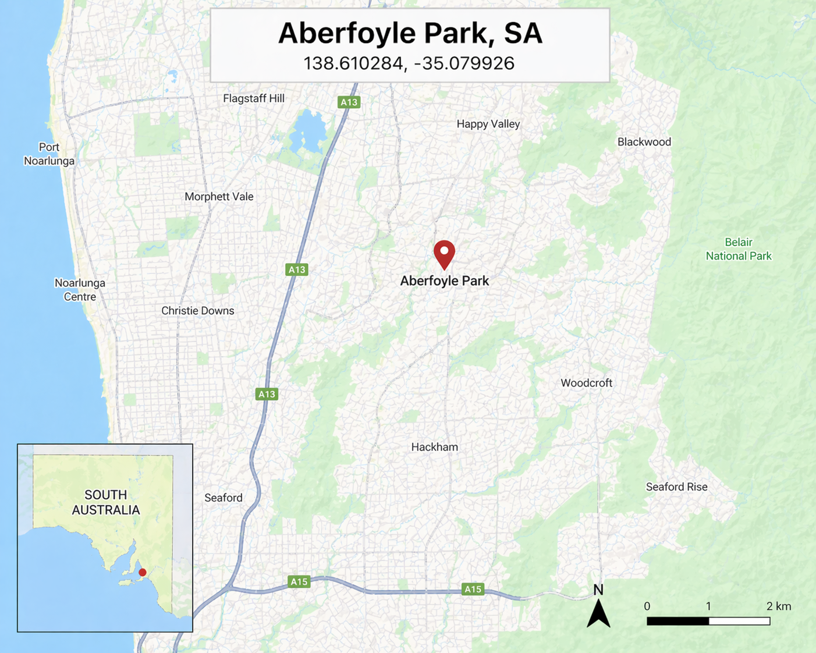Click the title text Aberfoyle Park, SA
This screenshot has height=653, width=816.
pyautogui.click(x=410, y=33)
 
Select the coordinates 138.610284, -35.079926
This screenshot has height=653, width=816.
pyautogui.click(x=409, y=63)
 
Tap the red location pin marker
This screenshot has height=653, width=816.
pyautogui.click(x=444, y=253)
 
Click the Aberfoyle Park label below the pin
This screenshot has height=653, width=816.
pyautogui.click(x=444, y=281)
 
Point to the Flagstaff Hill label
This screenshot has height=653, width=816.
pyautogui.click(x=254, y=98)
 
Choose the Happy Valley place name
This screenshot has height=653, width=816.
pyautogui.click(x=488, y=123)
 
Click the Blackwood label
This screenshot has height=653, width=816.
pyautogui.click(x=644, y=141)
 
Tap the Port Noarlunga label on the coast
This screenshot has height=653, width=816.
pyautogui.click(x=49, y=154)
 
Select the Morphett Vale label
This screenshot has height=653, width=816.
pyautogui.click(x=219, y=196)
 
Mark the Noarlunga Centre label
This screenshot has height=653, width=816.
pyautogui.click(x=80, y=290)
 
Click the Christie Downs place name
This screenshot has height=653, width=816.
pyautogui.click(x=197, y=310)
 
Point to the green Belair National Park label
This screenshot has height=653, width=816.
pyautogui.click(x=738, y=249)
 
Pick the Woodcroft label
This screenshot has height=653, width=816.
pyautogui.click(x=586, y=382)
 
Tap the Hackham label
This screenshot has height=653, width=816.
pyautogui.click(x=434, y=447)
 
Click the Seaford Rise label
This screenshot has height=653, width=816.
pyautogui.click(x=676, y=487)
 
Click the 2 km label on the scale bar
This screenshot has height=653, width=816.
pyautogui.click(x=778, y=606)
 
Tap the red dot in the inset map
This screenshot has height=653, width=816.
pyautogui.click(x=142, y=572)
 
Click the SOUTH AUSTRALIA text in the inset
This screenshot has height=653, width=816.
pyautogui.click(x=105, y=502)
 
